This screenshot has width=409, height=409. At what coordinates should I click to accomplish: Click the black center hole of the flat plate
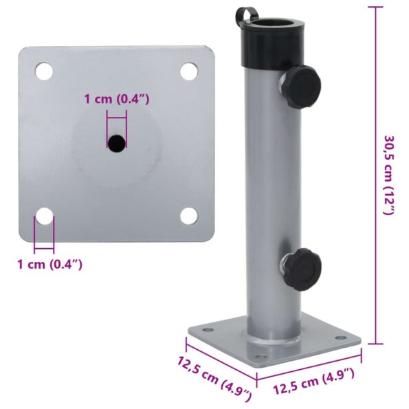116,142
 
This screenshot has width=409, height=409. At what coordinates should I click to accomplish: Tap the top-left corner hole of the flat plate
44,70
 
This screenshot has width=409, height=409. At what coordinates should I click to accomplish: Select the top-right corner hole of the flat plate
189,70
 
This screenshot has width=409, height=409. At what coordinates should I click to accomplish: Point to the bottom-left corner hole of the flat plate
44,217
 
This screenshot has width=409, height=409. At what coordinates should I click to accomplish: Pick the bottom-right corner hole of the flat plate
189,216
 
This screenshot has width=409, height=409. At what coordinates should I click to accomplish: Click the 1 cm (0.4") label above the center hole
116,100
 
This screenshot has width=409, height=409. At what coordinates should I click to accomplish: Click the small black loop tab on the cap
245,15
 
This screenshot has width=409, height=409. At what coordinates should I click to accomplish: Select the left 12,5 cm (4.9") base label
214,378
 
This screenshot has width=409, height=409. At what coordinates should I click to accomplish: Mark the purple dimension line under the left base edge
220,357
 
